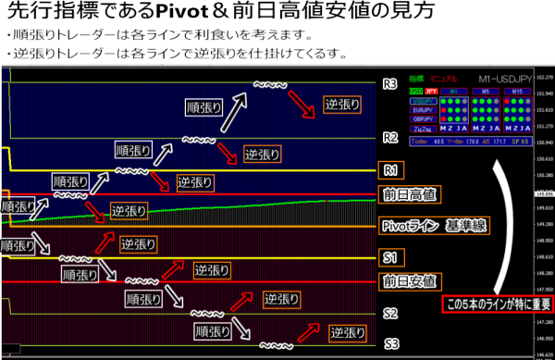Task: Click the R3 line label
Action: [x=389, y=84]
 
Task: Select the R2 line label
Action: [x=389, y=139]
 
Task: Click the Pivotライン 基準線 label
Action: [x=433, y=225]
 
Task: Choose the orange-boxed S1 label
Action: [x=389, y=255]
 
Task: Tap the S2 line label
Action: [x=390, y=313]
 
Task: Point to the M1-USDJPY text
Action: [x=503, y=81]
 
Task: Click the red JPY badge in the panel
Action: [x=431, y=93]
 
